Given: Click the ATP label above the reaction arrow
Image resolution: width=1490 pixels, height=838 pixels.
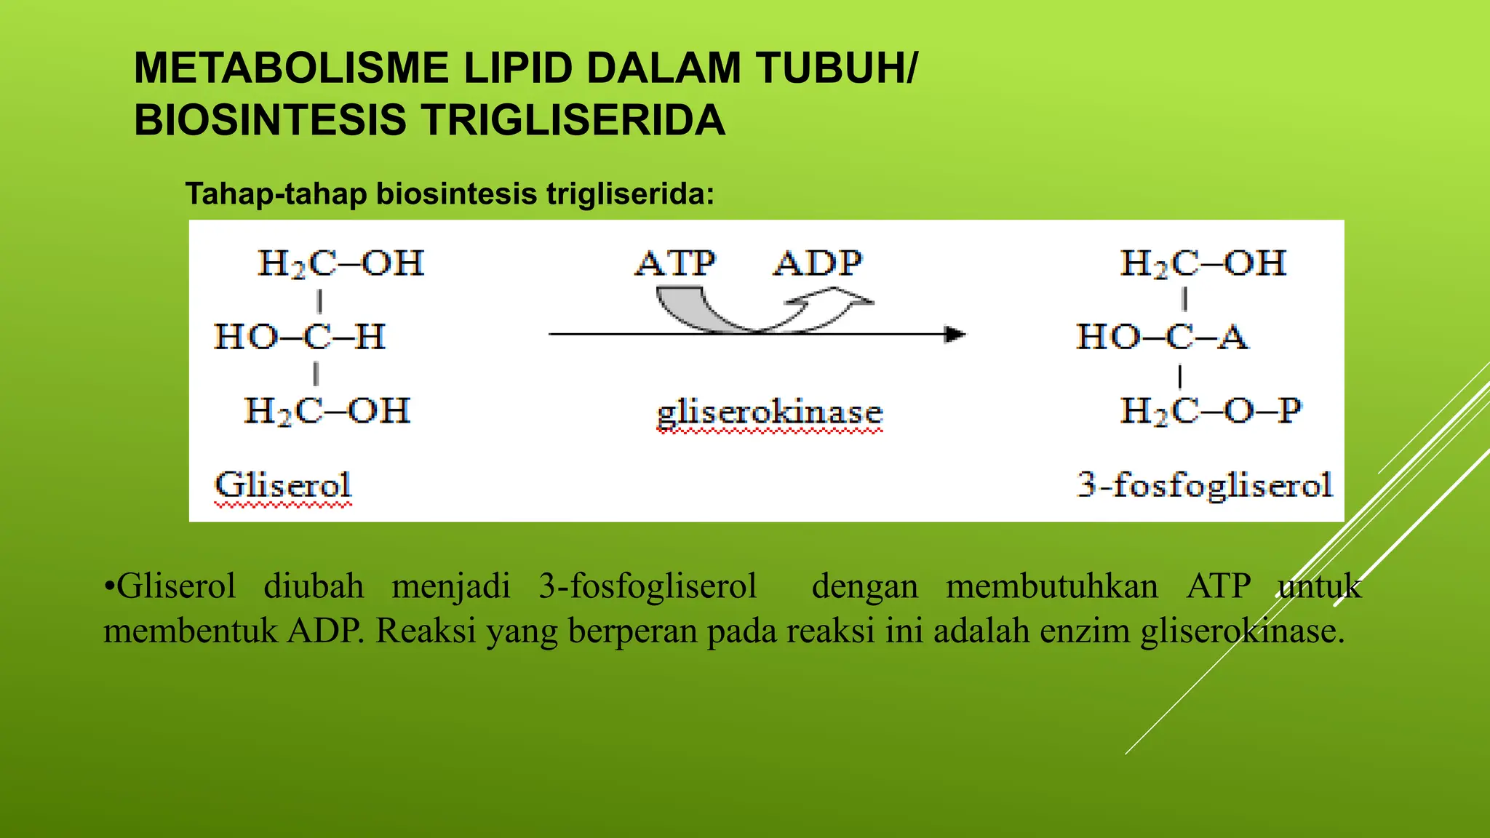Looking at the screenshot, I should (x=676, y=263).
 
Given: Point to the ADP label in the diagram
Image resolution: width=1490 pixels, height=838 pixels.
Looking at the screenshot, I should (x=818, y=263).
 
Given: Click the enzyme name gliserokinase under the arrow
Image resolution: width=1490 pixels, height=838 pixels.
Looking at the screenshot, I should (x=770, y=413).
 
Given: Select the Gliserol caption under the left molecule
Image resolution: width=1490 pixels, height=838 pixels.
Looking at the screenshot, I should (x=283, y=485).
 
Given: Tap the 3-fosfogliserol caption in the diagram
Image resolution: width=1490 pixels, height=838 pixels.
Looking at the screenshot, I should (x=1205, y=485).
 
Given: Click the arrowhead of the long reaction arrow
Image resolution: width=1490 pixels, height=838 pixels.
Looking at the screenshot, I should (x=955, y=335).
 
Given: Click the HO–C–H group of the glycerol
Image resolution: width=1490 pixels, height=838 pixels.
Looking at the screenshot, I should (x=299, y=337).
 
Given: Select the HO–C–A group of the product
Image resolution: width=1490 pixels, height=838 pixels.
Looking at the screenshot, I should (x=1162, y=337).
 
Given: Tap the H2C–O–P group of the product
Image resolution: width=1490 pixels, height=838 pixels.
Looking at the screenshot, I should (x=1211, y=411).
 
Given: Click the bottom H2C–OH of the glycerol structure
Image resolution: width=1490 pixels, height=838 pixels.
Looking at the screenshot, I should (x=327, y=411).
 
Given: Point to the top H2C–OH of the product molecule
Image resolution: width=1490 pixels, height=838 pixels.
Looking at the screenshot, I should (x=1203, y=263).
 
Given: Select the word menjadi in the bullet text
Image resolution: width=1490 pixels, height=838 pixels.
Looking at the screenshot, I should (x=451, y=586).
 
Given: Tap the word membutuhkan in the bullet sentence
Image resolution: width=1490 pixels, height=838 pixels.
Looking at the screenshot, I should (x=1051, y=586).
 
